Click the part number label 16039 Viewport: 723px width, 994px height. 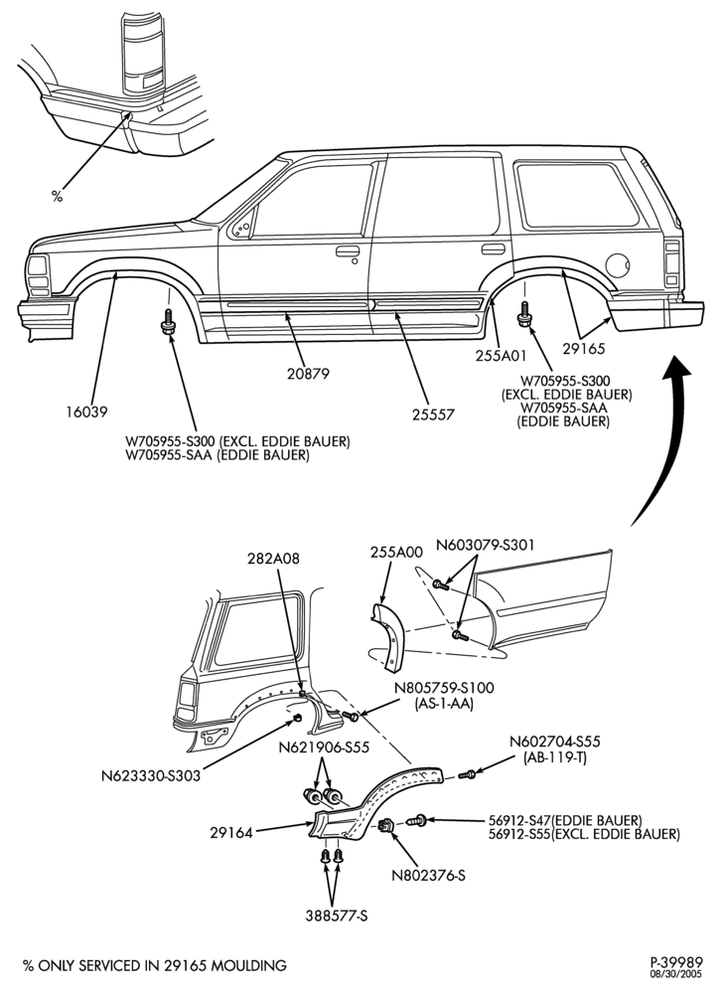point(86,413)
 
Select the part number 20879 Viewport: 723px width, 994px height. point(308,374)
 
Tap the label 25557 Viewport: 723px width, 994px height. point(434,414)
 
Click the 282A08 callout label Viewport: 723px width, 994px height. point(273,559)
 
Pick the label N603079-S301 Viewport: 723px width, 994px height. point(486,545)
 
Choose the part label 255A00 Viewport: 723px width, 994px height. point(396,552)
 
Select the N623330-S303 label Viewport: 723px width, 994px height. point(151,775)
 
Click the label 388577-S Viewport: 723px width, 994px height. point(337,916)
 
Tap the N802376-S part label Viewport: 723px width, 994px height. point(429,876)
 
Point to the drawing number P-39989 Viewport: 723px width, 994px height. point(676,962)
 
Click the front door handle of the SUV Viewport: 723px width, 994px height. point(348,251)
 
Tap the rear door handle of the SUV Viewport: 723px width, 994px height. point(494,249)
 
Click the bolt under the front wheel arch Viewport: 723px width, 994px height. point(169,321)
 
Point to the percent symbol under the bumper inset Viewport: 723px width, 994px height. point(57,197)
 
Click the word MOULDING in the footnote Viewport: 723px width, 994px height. point(248,966)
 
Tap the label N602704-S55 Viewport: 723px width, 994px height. point(555,742)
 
